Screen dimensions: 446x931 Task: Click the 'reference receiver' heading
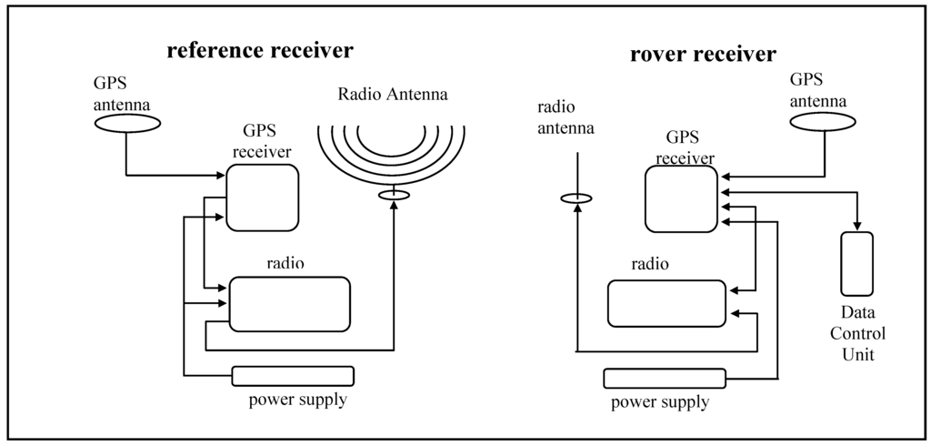[x=259, y=49]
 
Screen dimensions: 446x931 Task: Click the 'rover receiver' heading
[x=703, y=55]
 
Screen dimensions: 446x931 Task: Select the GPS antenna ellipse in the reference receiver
[x=125, y=125]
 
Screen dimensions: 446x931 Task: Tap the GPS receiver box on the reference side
[x=262, y=197]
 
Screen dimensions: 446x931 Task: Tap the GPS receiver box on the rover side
[x=681, y=199]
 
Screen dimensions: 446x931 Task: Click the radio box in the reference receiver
[x=289, y=304]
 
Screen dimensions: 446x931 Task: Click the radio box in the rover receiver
[x=666, y=303]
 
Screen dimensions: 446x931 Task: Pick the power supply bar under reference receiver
[x=293, y=375]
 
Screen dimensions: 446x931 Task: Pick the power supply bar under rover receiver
[x=664, y=378]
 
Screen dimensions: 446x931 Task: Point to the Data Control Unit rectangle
[x=856, y=264]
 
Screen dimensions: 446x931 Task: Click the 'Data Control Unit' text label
[x=856, y=333]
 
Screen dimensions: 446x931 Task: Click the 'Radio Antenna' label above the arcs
[x=393, y=94]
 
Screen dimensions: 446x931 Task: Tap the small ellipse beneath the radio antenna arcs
[x=394, y=195]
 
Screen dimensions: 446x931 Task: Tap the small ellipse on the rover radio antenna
[x=576, y=198]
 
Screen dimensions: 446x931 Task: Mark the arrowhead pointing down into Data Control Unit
[x=856, y=227]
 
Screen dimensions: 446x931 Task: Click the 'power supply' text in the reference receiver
[x=297, y=400]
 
